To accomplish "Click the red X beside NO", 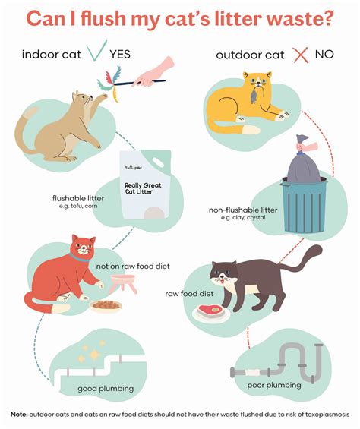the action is [x=300, y=55].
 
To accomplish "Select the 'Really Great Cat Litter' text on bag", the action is [x=143, y=188].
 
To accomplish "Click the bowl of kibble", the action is [x=106, y=306].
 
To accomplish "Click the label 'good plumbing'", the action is [x=106, y=389].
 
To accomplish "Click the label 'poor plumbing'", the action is [x=274, y=385].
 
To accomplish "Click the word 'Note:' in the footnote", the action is [x=19, y=415].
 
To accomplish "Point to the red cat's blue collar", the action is [x=79, y=257].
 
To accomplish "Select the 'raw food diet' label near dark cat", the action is [x=189, y=294].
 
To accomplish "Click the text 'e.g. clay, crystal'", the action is [x=243, y=218].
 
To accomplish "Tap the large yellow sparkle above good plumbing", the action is [x=94, y=355].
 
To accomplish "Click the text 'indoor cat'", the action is [x=52, y=55].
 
